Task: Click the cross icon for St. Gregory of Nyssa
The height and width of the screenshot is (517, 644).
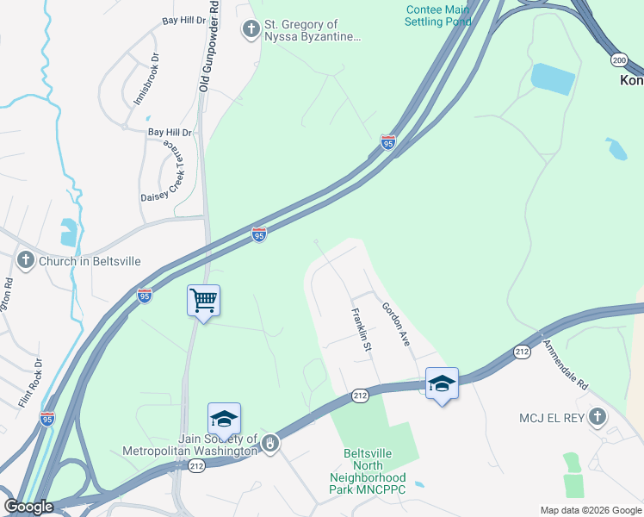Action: pos(251,31)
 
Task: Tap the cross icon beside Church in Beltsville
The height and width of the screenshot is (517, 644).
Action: pos(26,260)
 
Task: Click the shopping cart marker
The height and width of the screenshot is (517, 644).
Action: pos(203,301)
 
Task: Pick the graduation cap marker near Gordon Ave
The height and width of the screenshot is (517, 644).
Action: pos(442,383)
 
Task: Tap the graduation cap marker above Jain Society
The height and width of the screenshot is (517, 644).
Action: pos(224,419)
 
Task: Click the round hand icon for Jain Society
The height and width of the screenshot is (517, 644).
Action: pos(270,443)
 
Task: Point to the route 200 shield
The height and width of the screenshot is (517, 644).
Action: pos(619,59)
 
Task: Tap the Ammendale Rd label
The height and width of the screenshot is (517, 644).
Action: pos(565,363)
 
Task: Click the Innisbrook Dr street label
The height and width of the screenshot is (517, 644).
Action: pos(146,80)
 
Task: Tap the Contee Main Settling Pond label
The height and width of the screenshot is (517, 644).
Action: pos(438,15)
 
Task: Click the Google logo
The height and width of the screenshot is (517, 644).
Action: pos(28,507)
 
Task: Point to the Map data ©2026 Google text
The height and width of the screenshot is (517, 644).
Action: pos(590,510)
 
